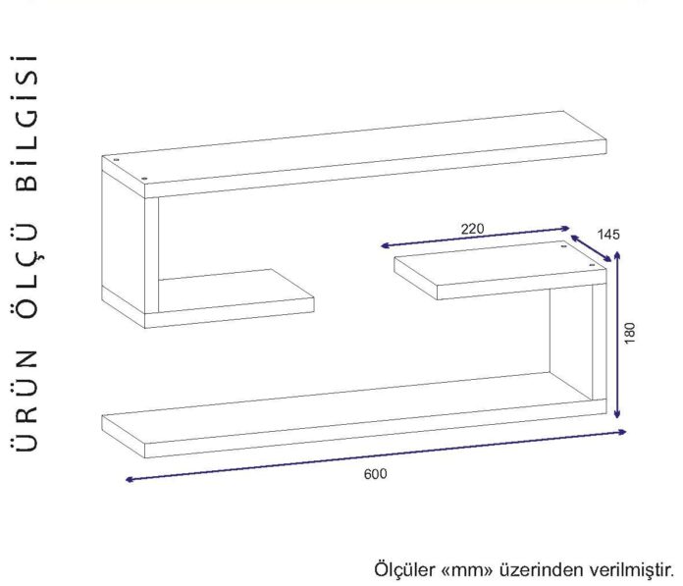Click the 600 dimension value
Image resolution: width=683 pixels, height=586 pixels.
375,474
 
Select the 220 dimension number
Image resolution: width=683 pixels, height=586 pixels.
472,229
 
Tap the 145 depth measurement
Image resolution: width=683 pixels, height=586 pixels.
608,235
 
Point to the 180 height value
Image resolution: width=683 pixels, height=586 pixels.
630,333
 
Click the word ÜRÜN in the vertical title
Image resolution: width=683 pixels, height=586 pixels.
25,400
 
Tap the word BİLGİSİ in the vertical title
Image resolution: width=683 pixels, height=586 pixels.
26,123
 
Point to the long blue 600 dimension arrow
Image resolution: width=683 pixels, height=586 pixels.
376,455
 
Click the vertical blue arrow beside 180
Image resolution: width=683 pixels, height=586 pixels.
617,334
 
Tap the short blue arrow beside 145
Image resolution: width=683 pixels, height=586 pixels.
591,248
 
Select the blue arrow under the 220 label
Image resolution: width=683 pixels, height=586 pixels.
475,237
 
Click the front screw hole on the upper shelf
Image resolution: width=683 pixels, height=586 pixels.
144,179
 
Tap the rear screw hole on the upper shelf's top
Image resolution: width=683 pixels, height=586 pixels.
116,160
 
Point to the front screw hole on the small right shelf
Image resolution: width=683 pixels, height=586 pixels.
591,264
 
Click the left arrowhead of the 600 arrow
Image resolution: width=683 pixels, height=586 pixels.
129,479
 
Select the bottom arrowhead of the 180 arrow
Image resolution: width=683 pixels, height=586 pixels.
617,414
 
